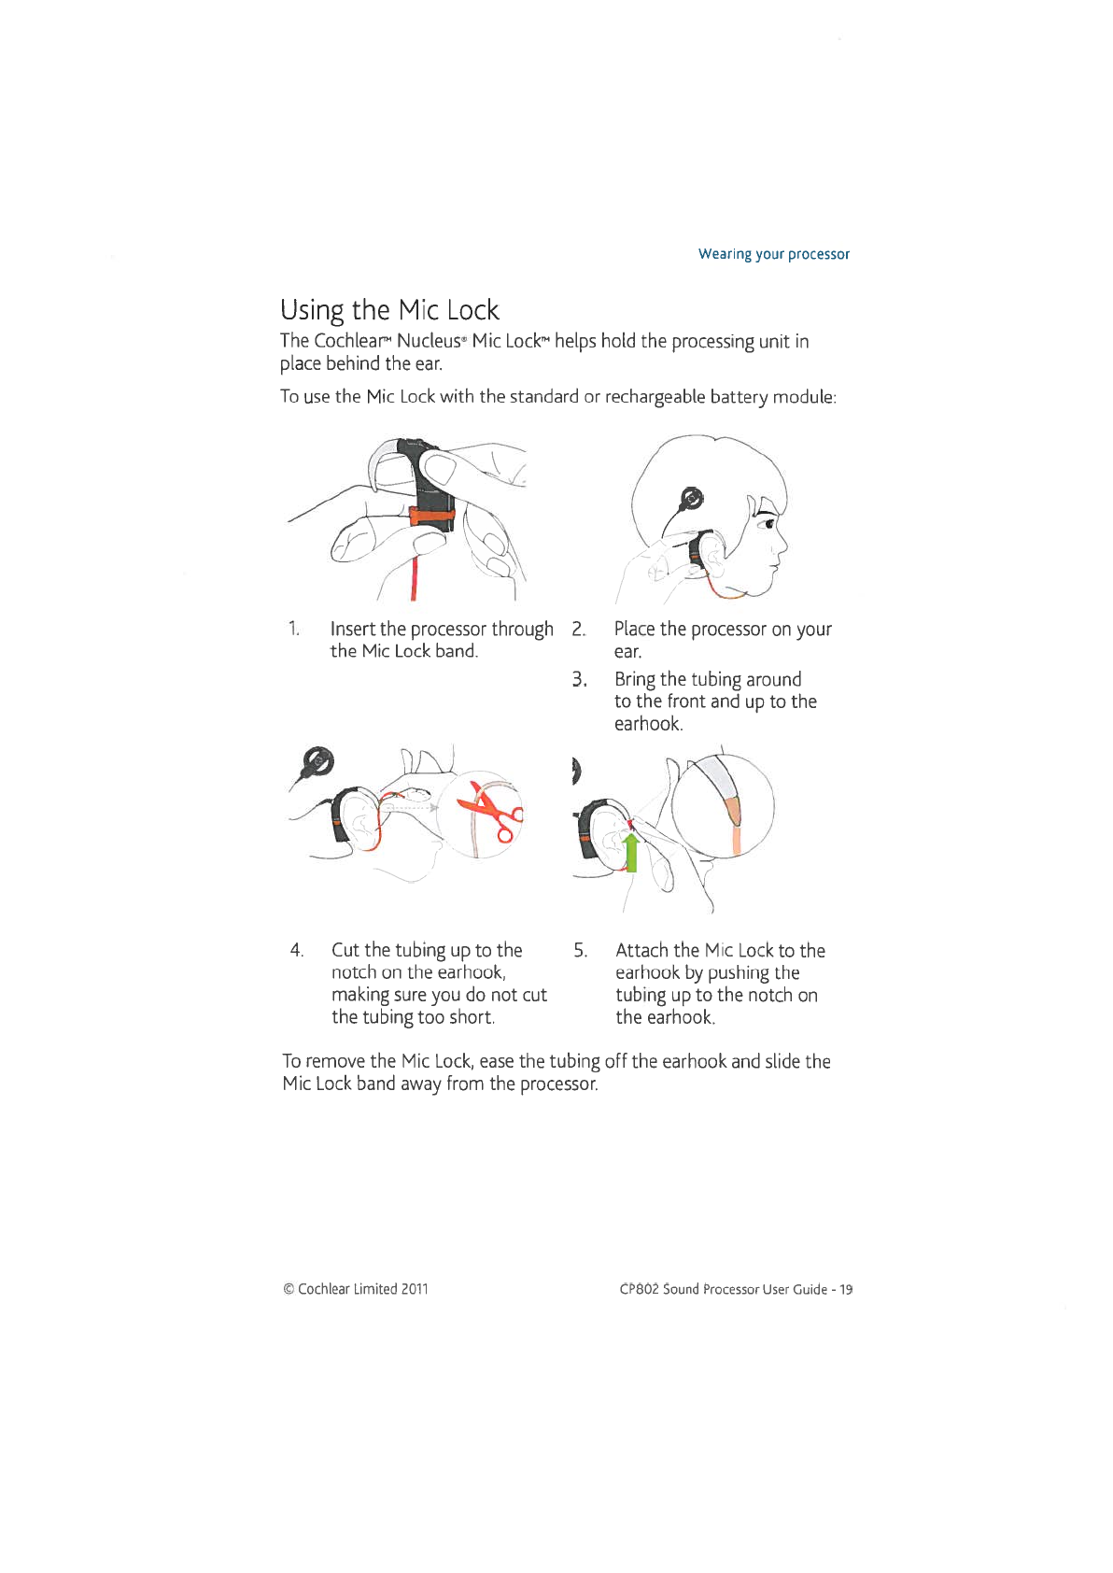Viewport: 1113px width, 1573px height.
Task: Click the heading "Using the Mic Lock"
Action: [x=389, y=310]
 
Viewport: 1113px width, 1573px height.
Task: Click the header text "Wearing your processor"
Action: [x=773, y=254]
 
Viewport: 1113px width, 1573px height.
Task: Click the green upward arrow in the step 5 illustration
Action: [x=631, y=851]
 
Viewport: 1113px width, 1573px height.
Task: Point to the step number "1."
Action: [x=293, y=629]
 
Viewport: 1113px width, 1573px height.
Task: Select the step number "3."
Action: [x=579, y=679]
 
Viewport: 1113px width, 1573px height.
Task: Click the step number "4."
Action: [x=296, y=950]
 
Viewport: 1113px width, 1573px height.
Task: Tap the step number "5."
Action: [x=580, y=950]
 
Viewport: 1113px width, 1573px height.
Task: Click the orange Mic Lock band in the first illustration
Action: [x=432, y=515]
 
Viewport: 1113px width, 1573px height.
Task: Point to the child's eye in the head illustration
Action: [x=768, y=525]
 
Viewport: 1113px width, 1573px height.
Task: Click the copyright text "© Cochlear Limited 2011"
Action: [x=355, y=1289]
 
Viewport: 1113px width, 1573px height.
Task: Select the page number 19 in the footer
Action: [x=845, y=1289]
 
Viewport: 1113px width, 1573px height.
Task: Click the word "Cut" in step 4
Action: [x=345, y=950]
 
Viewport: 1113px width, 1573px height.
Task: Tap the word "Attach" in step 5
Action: [x=641, y=950]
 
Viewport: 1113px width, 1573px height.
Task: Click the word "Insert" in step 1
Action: [x=353, y=629]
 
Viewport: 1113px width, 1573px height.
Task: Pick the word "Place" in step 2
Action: [x=634, y=629]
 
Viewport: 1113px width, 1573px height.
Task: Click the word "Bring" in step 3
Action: [x=635, y=679]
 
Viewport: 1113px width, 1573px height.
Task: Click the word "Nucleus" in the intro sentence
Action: [x=428, y=341]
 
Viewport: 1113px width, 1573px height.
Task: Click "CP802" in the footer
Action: [x=639, y=1289]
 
